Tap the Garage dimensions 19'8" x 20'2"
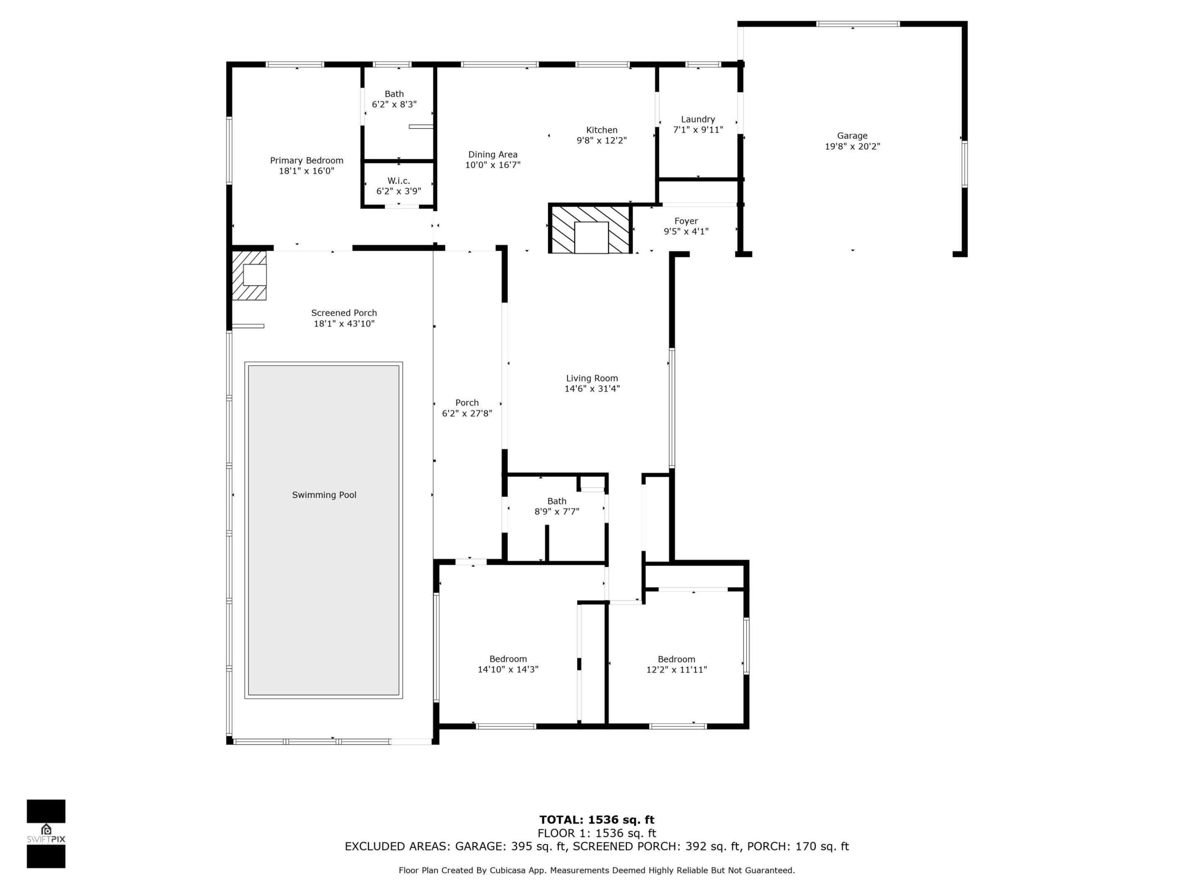[x=852, y=147]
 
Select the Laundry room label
[x=697, y=120]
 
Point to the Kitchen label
[x=601, y=130]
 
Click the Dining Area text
[x=492, y=155]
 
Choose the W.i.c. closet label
[x=398, y=181]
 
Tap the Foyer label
[x=686, y=221]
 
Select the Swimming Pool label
[x=324, y=495]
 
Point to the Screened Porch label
[x=344, y=313]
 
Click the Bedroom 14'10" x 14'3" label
[x=507, y=665]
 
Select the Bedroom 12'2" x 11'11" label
[x=676, y=665]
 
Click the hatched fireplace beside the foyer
[x=590, y=229]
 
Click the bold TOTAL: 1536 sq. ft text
[x=597, y=820]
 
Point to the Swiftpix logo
[x=46, y=834]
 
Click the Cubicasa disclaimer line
[x=597, y=870]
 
